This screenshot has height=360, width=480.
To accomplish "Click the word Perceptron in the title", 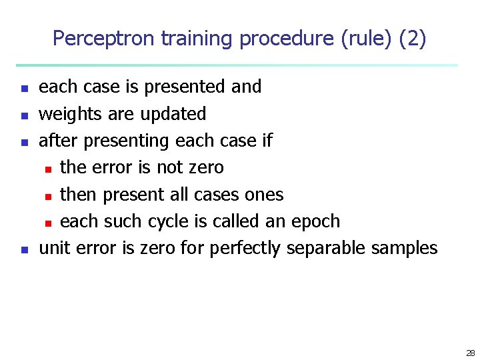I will point(104,39).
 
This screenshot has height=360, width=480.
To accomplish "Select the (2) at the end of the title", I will point(412,39).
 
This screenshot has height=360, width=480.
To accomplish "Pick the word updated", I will point(173,114).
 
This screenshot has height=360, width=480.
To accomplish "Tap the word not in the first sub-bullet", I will point(170,167).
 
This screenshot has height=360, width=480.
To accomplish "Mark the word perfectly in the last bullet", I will point(245,249).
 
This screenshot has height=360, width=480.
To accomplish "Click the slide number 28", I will point(471,353).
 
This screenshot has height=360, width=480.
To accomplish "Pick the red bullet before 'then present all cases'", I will point(49,196).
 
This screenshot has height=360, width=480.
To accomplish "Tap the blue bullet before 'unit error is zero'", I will point(23,250).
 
